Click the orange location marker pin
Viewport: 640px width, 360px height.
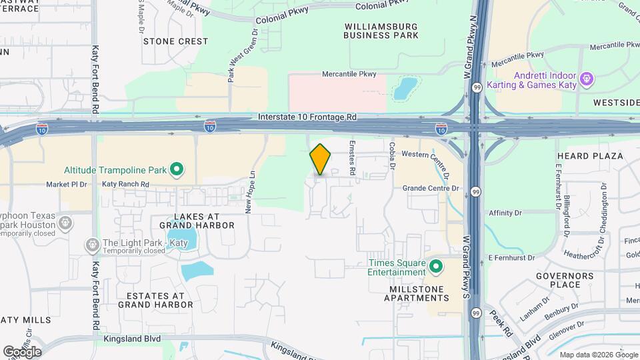pos(321,159)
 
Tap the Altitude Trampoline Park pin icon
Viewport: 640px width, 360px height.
pos(177,170)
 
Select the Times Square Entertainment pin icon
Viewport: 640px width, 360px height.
pos(436,267)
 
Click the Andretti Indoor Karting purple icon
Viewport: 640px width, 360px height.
pos(586,79)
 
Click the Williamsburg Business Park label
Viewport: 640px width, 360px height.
pos(381,30)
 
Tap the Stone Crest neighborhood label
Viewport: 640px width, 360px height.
pos(175,41)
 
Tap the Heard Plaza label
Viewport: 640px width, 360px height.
pos(590,156)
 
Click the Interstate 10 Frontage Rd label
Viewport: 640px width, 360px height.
pos(307,117)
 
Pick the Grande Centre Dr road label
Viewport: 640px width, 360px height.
pos(431,188)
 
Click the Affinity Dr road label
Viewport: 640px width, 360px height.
pos(505,213)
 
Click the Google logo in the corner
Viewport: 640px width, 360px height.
pos(22,351)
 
